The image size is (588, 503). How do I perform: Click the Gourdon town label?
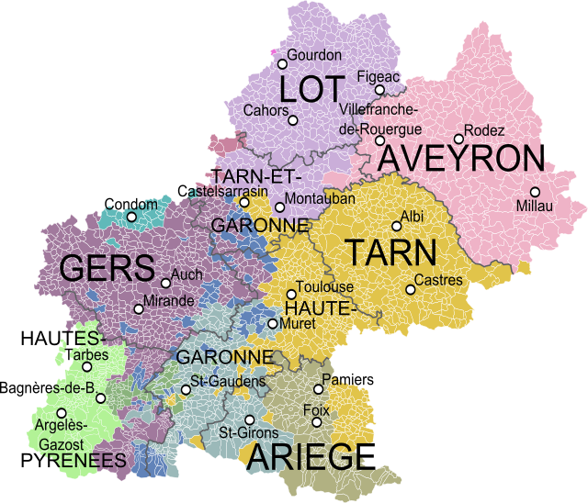tap(314, 55)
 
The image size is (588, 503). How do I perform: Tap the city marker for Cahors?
tap(293, 120)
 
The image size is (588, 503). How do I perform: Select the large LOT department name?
tap(312, 90)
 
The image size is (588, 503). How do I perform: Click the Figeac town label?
tap(378, 77)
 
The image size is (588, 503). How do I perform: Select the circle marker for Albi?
tap(397, 226)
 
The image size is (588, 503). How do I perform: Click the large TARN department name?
tap(390, 252)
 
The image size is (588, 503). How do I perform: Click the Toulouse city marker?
tap(291, 295)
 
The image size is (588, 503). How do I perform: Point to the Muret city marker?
tap(272, 323)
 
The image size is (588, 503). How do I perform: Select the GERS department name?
tap(107, 269)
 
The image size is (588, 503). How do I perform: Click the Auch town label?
tap(187, 274)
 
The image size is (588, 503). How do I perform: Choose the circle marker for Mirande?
tap(139, 308)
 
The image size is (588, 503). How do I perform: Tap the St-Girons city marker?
tap(249, 419)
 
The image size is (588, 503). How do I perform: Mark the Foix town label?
tap(316, 409)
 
